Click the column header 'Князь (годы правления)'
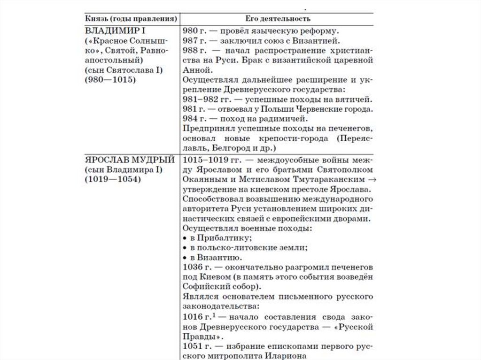click(x=132, y=18)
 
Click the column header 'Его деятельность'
click(x=277, y=18)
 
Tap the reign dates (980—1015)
click(x=110, y=80)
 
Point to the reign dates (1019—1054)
click(x=113, y=179)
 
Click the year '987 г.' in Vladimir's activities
click(x=193, y=41)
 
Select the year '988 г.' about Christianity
click(x=193, y=51)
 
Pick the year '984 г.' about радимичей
click(x=193, y=119)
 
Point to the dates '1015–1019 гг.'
click(x=208, y=159)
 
